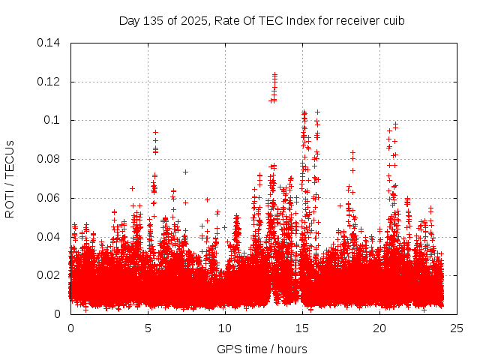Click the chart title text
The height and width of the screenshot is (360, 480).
point(262,20)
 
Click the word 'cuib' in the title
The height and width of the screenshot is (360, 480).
point(394,20)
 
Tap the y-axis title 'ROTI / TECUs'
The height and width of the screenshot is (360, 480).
point(10,178)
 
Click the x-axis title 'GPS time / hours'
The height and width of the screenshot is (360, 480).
point(262,349)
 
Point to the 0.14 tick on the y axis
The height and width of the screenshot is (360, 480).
point(49,43)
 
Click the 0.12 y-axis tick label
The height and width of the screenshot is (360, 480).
point(49,82)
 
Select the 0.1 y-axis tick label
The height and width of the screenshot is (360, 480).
point(54,120)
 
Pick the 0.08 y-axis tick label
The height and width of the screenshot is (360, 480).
point(49,159)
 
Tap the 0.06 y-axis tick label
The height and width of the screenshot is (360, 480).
point(49,198)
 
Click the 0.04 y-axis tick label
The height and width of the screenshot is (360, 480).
point(49,237)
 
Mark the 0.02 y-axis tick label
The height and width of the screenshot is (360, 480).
point(49,275)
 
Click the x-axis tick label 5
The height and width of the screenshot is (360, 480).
point(148,328)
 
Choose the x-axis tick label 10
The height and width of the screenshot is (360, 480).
point(225,328)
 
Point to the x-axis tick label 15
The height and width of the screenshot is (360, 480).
point(302,328)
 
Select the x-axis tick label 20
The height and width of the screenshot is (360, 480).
point(379,328)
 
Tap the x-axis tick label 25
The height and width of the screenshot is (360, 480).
point(457,328)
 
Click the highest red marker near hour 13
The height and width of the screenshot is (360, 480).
point(274,74)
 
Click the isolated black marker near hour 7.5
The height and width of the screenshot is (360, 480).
point(185,172)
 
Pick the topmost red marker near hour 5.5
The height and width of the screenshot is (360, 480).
point(155,132)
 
